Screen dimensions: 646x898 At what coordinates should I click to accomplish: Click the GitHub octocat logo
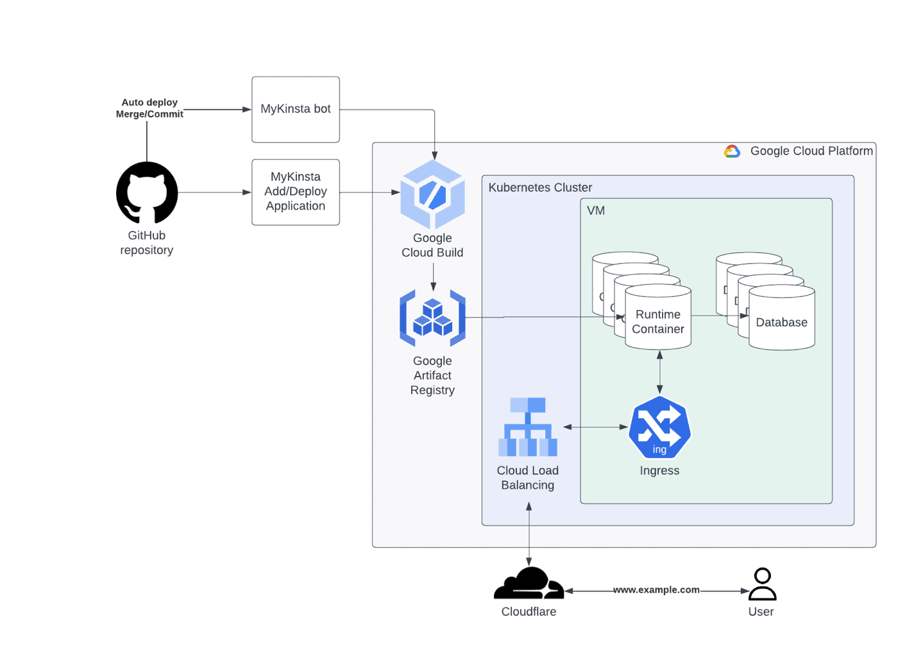click(x=147, y=192)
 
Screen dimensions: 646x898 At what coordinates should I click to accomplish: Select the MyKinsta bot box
click(x=296, y=110)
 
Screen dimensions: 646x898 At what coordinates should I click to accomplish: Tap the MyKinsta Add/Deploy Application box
click(x=296, y=192)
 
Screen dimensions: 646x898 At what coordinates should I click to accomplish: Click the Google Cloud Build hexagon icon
click(x=432, y=194)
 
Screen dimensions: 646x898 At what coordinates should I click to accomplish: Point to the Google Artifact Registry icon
click(x=432, y=318)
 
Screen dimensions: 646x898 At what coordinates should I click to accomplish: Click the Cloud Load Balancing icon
click(x=528, y=427)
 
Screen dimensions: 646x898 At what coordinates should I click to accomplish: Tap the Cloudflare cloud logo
click(x=529, y=584)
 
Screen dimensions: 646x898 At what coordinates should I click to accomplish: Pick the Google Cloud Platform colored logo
click(x=732, y=151)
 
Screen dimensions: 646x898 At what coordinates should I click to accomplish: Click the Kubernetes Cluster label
click(x=540, y=187)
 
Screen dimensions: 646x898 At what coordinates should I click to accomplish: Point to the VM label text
click(x=596, y=210)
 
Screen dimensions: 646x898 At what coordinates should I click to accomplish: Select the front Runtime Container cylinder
click(x=658, y=318)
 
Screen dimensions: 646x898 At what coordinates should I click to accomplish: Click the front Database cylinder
click(x=782, y=319)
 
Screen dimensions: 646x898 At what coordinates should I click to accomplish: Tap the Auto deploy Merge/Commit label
click(x=149, y=108)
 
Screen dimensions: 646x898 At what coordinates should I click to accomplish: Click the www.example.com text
click(x=656, y=590)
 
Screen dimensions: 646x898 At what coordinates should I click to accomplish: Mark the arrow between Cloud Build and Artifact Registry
click(x=433, y=277)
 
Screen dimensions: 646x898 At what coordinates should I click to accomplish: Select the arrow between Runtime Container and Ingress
click(x=659, y=372)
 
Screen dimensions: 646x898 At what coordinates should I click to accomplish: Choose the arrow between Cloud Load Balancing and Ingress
click(x=595, y=427)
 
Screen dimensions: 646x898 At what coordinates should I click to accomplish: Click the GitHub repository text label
click(x=147, y=243)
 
